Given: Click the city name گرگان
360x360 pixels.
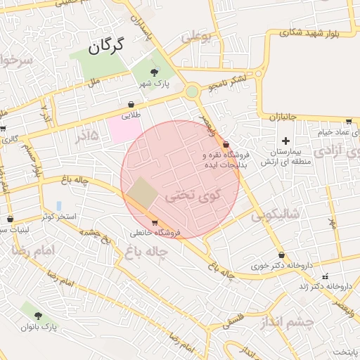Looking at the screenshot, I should click(106, 47).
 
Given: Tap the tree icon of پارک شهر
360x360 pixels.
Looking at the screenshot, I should click(155, 72).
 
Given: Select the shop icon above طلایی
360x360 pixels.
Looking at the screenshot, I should click(131, 104).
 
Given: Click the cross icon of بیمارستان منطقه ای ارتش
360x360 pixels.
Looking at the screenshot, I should click(285, 141).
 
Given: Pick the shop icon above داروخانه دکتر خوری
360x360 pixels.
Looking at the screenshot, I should click(282, 255).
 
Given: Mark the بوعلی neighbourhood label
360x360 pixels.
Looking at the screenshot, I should click(197, 38).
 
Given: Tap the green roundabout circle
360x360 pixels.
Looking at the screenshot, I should click(192, 91).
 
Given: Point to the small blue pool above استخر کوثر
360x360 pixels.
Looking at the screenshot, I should click(58, 206).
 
